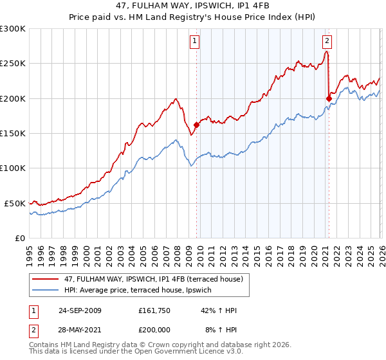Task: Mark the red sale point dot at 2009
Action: [x=196, y=125]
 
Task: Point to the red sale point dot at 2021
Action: [x=329, y=98]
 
